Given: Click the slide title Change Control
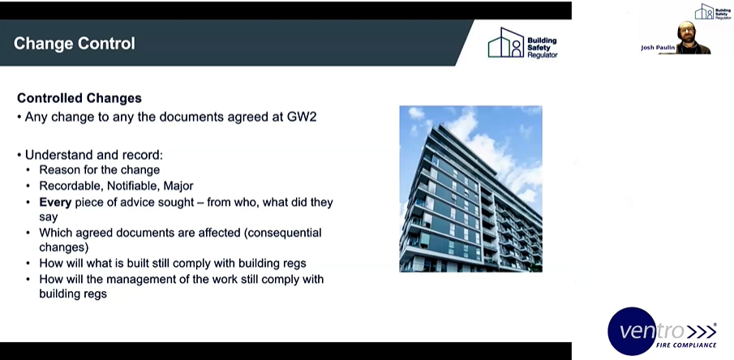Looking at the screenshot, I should click(75, 43).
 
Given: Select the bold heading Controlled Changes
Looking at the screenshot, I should click(79, 98).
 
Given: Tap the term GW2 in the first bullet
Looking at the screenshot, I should click(298, 117).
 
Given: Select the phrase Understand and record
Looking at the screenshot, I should click(89, 154).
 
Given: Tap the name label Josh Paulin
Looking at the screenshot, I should click(658, 48).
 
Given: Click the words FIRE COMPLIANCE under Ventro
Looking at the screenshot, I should click(685, 345).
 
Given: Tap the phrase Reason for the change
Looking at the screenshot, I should click(99, 170).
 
